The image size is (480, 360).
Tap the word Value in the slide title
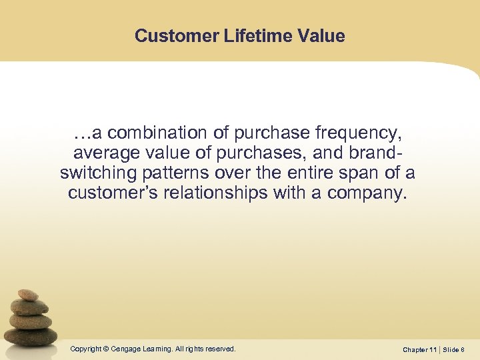(323, 36)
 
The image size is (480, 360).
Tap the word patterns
(178, 173)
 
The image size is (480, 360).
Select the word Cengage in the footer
(127, 349)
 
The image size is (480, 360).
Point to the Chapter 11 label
(420, 349)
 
